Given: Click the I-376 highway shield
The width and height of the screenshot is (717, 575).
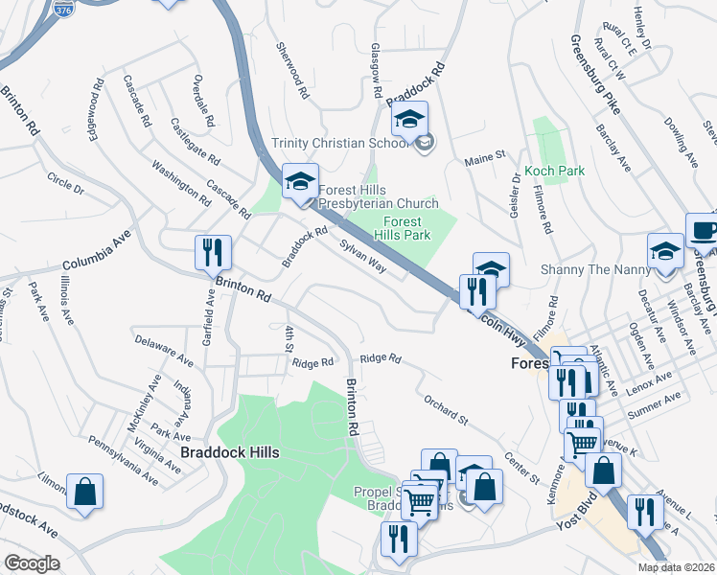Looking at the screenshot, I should click(x=63, y=9).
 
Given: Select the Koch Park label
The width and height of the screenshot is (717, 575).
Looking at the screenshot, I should click(x=554, y=171).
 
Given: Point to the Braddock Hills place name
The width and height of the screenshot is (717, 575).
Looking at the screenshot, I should click(x=228, y=450).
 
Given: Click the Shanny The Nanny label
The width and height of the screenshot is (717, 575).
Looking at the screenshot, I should click(x=595, y=269).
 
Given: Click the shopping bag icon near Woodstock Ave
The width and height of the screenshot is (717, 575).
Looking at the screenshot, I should click(x=84, y=491).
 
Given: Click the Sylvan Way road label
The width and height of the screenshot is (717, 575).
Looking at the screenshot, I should click(x=362, y=256).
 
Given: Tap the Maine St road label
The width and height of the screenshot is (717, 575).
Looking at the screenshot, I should click(x=485, y=156).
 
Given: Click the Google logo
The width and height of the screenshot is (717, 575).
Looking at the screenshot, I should click(x=32, y=563).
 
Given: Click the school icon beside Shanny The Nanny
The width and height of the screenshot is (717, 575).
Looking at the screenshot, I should click(x=665, y=251).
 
